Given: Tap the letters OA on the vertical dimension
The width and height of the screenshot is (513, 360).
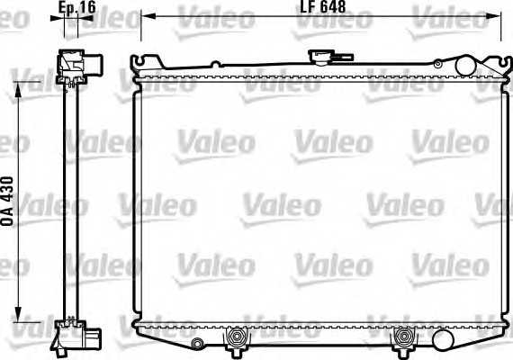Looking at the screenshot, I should pos(8,219).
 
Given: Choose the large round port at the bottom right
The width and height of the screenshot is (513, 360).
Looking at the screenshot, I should pos(442,338).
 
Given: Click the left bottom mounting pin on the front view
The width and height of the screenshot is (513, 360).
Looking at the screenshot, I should pos(238,338).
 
